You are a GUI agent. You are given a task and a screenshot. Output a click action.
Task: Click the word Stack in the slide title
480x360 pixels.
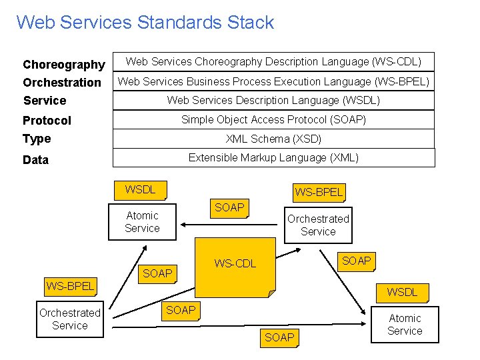251,22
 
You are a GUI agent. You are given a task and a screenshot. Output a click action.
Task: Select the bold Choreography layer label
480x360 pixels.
63,65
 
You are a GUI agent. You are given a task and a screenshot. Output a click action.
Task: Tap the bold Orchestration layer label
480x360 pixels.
62,83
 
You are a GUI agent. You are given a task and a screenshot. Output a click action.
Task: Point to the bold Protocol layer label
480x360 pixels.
47,121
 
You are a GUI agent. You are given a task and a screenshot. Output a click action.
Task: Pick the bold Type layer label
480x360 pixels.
37,139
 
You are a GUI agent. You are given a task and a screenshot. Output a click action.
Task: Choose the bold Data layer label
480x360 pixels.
35,160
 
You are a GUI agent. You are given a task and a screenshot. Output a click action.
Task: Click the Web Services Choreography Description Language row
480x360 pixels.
273,62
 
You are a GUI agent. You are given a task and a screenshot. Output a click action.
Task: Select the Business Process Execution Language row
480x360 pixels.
273,81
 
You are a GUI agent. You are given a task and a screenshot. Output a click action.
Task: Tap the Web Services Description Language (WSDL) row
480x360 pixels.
273,100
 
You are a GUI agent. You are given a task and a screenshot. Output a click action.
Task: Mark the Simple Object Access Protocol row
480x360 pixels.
273,119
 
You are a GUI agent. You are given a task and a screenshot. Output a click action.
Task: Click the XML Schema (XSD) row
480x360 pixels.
273,139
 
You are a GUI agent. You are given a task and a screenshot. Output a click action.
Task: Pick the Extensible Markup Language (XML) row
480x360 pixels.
273,157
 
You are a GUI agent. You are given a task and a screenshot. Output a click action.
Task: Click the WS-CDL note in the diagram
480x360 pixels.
235,264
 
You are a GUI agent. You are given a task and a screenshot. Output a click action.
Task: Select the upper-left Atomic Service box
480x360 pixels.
142,222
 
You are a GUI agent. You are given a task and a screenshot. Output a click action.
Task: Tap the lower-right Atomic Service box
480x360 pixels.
405,325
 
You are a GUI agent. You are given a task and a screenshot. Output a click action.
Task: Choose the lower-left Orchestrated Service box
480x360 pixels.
69,319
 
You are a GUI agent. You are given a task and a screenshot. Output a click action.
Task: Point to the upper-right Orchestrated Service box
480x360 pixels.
318,225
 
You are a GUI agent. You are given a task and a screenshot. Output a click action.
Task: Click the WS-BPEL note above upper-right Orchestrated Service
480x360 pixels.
319,192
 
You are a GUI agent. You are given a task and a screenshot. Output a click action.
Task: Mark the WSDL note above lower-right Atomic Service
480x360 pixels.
402,292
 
